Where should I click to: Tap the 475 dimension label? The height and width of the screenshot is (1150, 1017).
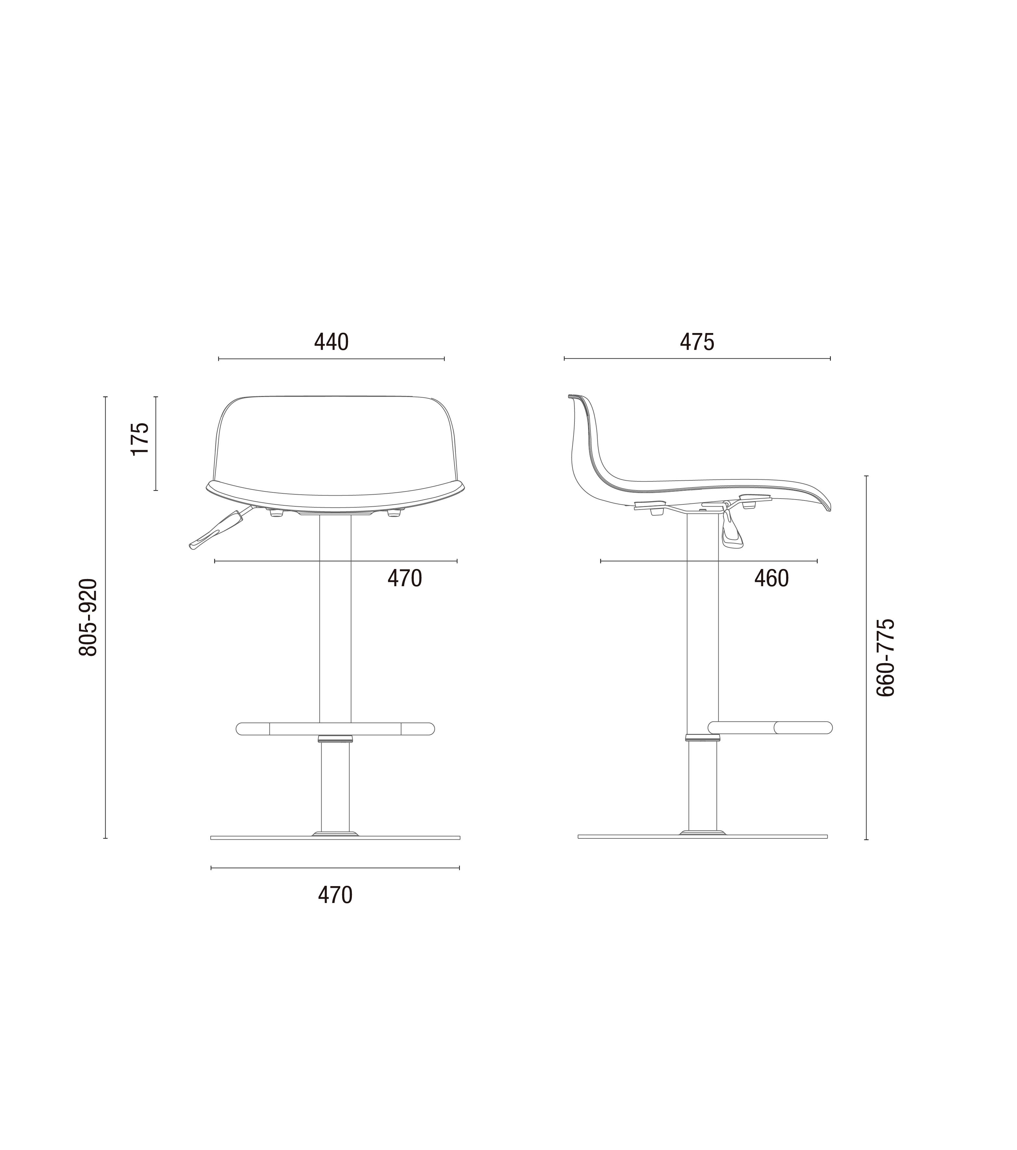pos(697,342)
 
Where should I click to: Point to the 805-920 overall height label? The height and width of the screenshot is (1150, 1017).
pos(88,617)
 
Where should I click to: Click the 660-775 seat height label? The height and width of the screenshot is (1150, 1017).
pos(885,658)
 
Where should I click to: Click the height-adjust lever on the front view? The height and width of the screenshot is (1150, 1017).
pos(220,529)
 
